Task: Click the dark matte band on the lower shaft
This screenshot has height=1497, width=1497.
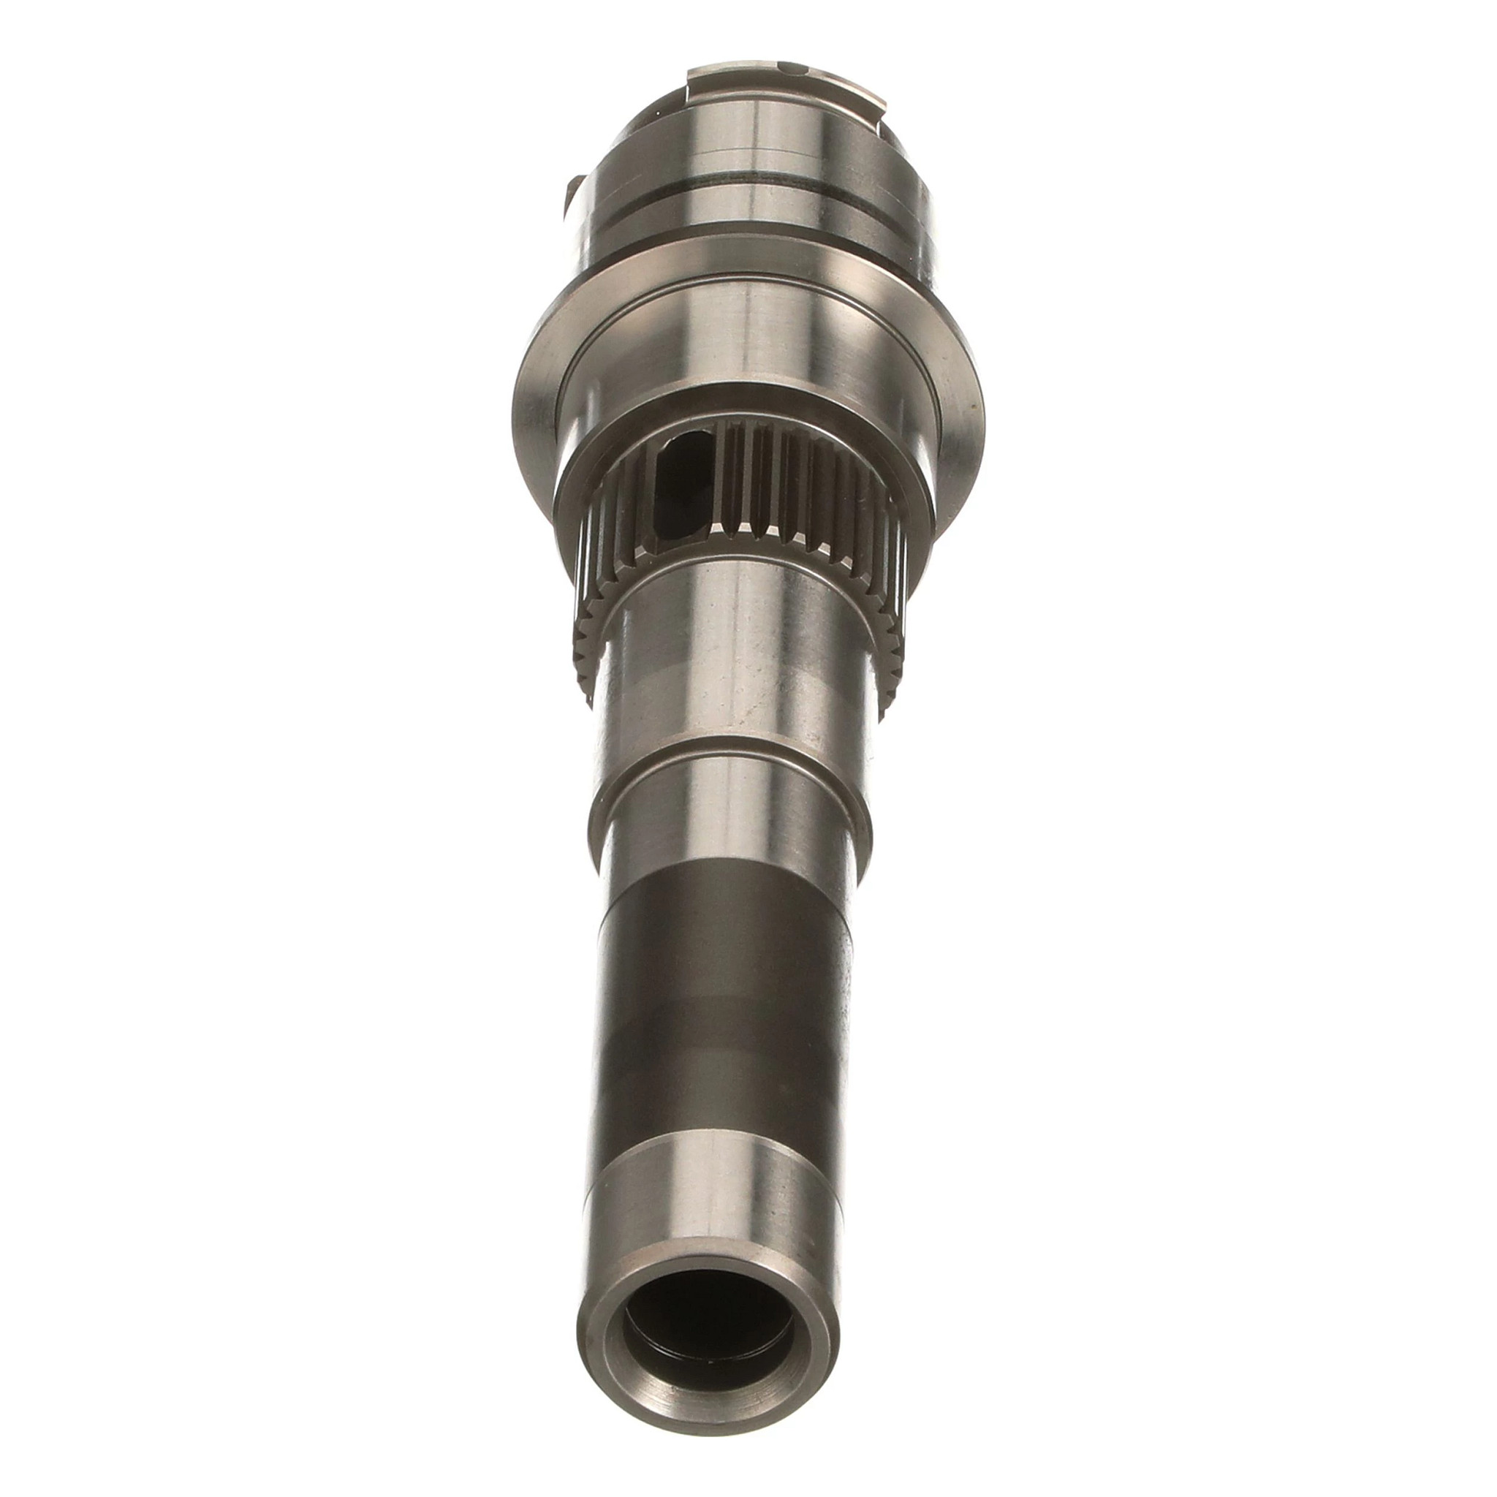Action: coord(724,1007)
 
